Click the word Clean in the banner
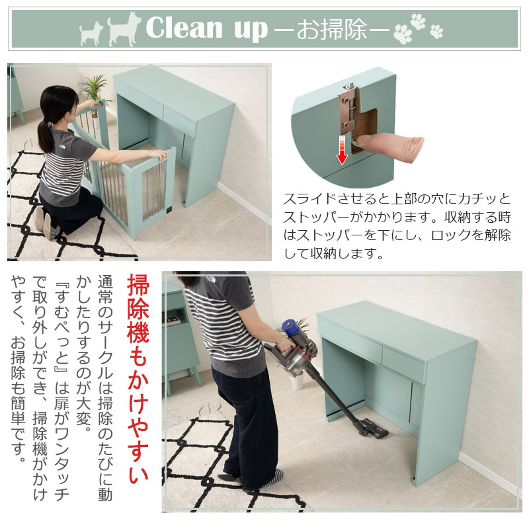pyautogui.click(x=184, y=28)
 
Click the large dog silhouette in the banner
pyautogui.click(x=123, y=28)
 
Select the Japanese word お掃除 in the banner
pyautogui.click(x=332, y=29)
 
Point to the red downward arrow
pyautogui.click(x=342, y=150)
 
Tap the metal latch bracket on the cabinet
pyautogui.click(x=348, y=109)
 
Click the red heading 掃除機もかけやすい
pyautogui.click(x=138, y=378)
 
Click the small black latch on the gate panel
pyautogui.click(x=169, y=210)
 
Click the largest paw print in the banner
pyautogui.click(x=403, y=34)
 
